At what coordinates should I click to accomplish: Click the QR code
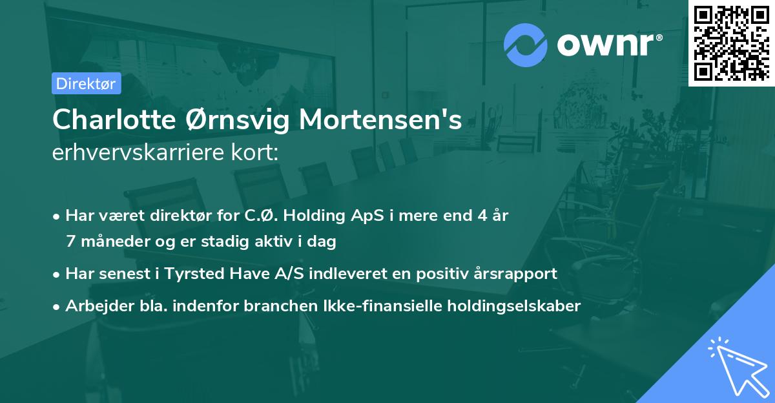[731, 43]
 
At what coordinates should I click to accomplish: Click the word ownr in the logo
[607, 44]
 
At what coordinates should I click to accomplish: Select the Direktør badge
[86, 83]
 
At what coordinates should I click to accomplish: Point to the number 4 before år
[480, 216]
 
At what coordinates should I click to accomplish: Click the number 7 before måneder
[70, 242]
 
